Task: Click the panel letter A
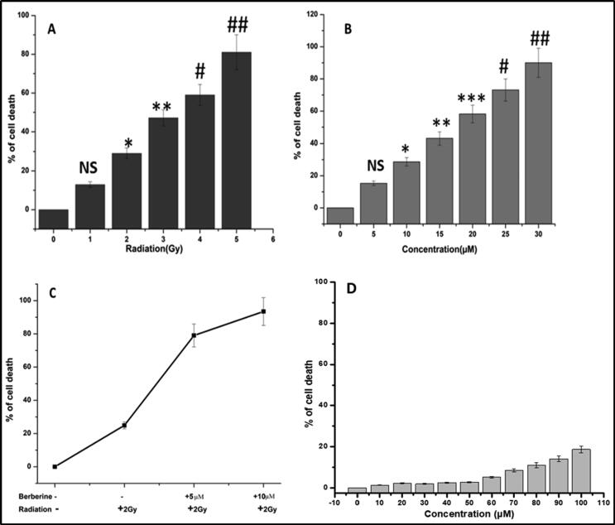tap(52, 28)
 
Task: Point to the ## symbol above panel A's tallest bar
tap(238, 24)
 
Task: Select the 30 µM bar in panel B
tap(540, 142)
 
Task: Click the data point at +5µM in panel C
tap(195, 335)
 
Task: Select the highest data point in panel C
tap(263, 311)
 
